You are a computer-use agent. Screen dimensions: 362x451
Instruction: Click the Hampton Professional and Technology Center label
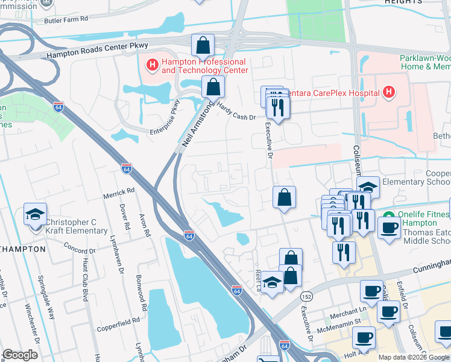tap(204, 66)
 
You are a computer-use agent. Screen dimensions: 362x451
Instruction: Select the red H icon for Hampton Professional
tap(152, 62)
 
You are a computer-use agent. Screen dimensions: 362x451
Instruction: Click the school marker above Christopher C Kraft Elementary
tap(36, 214)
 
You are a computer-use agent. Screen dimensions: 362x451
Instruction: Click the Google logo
tap(20, 355)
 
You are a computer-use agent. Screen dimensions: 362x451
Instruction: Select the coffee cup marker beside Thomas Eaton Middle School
tap(389, 227)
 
